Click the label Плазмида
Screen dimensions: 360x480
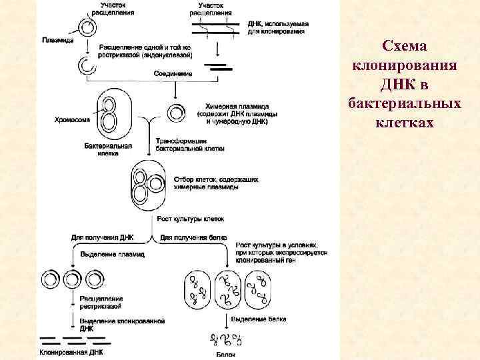coord(55,39)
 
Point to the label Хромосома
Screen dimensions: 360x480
coord(72,121)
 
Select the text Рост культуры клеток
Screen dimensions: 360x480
coord(190,219)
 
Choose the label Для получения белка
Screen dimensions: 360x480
coord(194,237)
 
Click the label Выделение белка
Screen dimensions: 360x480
coord(259,319)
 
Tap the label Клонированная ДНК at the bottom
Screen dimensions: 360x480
coord(71,352)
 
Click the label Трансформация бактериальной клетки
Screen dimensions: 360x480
coord(189,145)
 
